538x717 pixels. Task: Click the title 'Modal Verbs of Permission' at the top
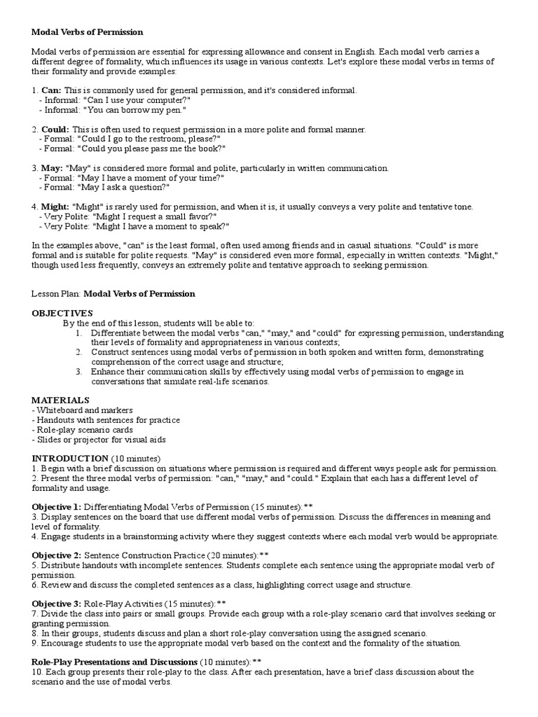pyautogui.click(x=88, y=32)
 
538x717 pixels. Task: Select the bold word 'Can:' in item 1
pyautogui.click(x=51, y=90)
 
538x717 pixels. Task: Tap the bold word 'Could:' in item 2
pyautogui.click(x=55, y=130)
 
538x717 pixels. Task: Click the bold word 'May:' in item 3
pyautogui.click(x=52, y=168)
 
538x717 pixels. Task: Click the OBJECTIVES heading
pyautogui.click(x=62, y=312)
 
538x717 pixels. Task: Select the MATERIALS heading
pyautogui.click(x=60, y=399)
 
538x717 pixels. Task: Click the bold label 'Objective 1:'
pyautogui.click(x=57, y=506)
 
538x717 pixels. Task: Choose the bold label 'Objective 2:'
pyautogui.click(x=57, y=555)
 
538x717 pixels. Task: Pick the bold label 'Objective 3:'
pyautogui.click(x=57, y=603)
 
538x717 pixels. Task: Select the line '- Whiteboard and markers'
pyautogui.click(x=82, y=410)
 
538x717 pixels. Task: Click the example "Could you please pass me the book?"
pyautogui.click(x=151, y=149)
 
